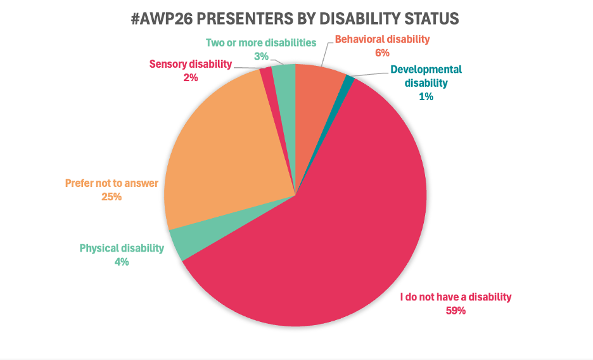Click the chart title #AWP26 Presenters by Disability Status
tap(295, 18)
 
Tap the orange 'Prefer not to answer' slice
tap(222, 158)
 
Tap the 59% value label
tap(456, 311)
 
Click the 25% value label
tap(112, 197)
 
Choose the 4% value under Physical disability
tap(122, 261)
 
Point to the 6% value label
tap(382, 53)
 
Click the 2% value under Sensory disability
tap(191, 77)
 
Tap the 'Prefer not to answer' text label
tap(112, 184)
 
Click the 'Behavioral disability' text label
tap(382, 39)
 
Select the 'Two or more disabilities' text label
tap(261, 43)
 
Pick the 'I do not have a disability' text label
tap(456, 297)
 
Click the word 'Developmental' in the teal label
tap(426, 69)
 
